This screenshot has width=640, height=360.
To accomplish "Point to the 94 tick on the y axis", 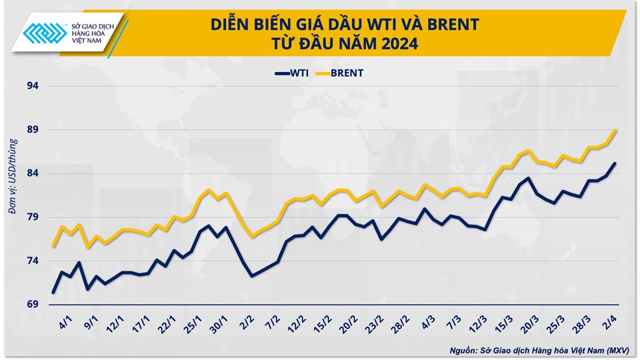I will coord(32,85).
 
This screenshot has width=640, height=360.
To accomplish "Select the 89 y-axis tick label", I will coord(32,129).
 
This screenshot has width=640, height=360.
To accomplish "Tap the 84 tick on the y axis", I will coord(32,173).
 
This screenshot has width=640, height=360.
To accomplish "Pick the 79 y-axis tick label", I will coord(32,217).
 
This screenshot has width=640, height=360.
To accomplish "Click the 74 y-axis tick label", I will coord(32,261).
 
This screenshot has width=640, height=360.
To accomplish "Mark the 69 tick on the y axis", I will coord(32,305).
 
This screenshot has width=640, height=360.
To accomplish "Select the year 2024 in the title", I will coord(399,45).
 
